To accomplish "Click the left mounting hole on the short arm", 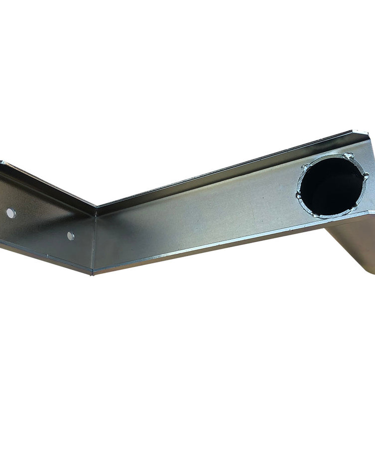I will click(x=10, y=213).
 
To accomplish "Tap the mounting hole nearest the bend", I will click(x=71, y=236).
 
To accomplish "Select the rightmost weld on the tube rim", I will click(x=366, y=176).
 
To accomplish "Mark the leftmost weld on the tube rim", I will click(x=299, y=196).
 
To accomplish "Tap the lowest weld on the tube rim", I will click(x=315, y=215).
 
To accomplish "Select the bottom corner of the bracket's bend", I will click(x=92, y=274).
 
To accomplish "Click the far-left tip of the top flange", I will click(x=2, y=162).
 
